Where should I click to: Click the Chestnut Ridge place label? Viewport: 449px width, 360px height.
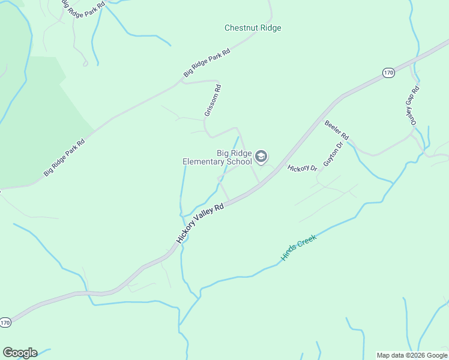[x=253, y=28]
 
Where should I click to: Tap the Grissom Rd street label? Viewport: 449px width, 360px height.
[x=212, y=100]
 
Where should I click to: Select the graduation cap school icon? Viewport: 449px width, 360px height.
[x=261, y=157]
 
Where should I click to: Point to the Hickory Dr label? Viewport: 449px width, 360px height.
[x=302, y=169]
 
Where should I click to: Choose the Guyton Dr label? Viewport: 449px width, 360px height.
[x=333, y=154]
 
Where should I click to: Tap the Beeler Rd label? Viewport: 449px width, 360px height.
[x=337, y=129]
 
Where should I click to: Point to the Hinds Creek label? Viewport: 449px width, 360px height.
[x=298, y=247]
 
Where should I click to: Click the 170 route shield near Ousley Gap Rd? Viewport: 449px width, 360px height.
[x=388, y=73]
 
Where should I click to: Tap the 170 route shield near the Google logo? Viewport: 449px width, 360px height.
[x=5, y=323]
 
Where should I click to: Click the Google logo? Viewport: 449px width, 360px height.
[x=20, y=353]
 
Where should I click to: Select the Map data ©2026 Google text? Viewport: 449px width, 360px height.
[x=412, y=355]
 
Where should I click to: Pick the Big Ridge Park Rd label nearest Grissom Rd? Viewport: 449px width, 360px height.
[x=207, y=63]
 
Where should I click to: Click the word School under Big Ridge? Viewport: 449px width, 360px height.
[x=241, y=161]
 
